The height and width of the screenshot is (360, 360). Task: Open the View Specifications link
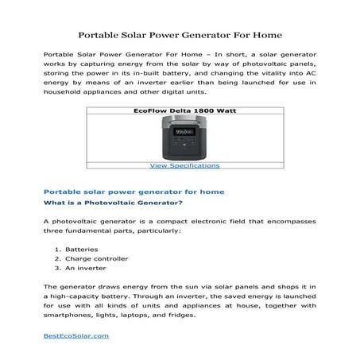[x=184, y=165]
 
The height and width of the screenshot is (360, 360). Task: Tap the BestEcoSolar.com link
[x=75, y=335]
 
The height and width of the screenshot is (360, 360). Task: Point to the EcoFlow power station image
[x=184, y=137]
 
